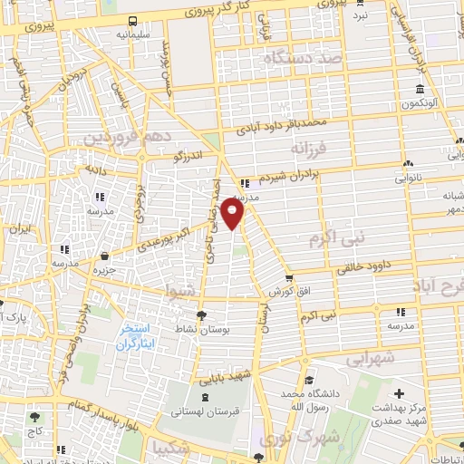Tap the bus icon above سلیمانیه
[132, 20]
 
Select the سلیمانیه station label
[132, 35]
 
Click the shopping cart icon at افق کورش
[288, 277]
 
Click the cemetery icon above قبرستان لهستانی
[204, 396]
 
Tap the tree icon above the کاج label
[35, 418]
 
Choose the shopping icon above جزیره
[106, 256]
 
